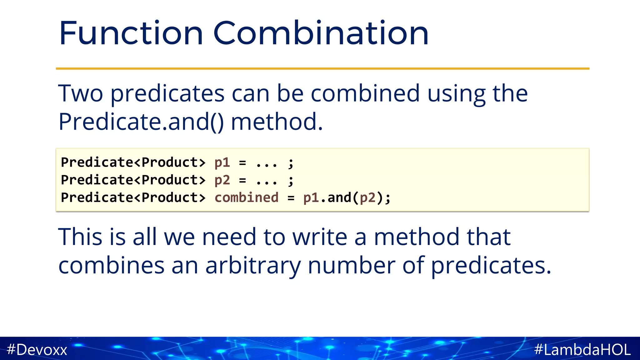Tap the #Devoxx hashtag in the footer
[37, 349]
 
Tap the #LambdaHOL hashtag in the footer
[582, 349]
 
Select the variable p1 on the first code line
[222, 162]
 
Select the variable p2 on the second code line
[222, 180]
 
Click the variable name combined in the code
[246, 198]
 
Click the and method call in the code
[339, 198]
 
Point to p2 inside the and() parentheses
[367, 198]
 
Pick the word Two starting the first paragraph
[80, 94]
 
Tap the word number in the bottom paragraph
[351, 266]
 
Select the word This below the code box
[80, 237]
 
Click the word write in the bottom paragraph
[319, 237]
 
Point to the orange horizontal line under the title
[322, 68]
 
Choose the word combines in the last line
[111, 266]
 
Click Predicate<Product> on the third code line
[133, 198]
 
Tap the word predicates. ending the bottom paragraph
[491, 266]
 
